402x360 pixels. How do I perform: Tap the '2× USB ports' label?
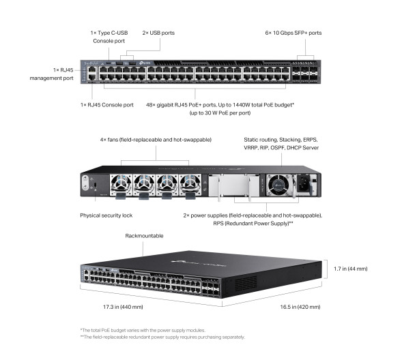pyautogui.click(x=158, y=33)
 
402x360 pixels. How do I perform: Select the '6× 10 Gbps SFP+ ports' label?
pyautogui.click(x=293, y=33)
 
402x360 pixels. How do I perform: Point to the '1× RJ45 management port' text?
pyautogui.click(x=55, y=74)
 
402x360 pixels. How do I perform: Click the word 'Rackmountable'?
pyautogui.click(x=144, y=235)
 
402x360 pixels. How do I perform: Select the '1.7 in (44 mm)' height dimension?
pyautogui.click(x=352, y=269)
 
